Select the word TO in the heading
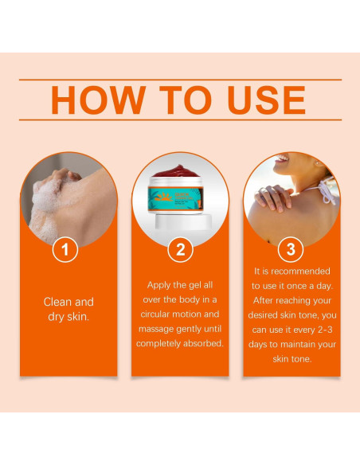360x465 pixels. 186,100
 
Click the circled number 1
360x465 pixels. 65,249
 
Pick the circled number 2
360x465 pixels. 180,249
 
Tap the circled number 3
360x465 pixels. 291,249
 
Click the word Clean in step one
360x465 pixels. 57,302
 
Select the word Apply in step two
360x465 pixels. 158,285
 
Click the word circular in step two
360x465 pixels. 155,314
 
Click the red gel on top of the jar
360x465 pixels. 176,171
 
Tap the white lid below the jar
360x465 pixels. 183,222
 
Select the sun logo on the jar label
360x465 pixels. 163,197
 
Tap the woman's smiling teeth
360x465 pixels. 282,158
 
